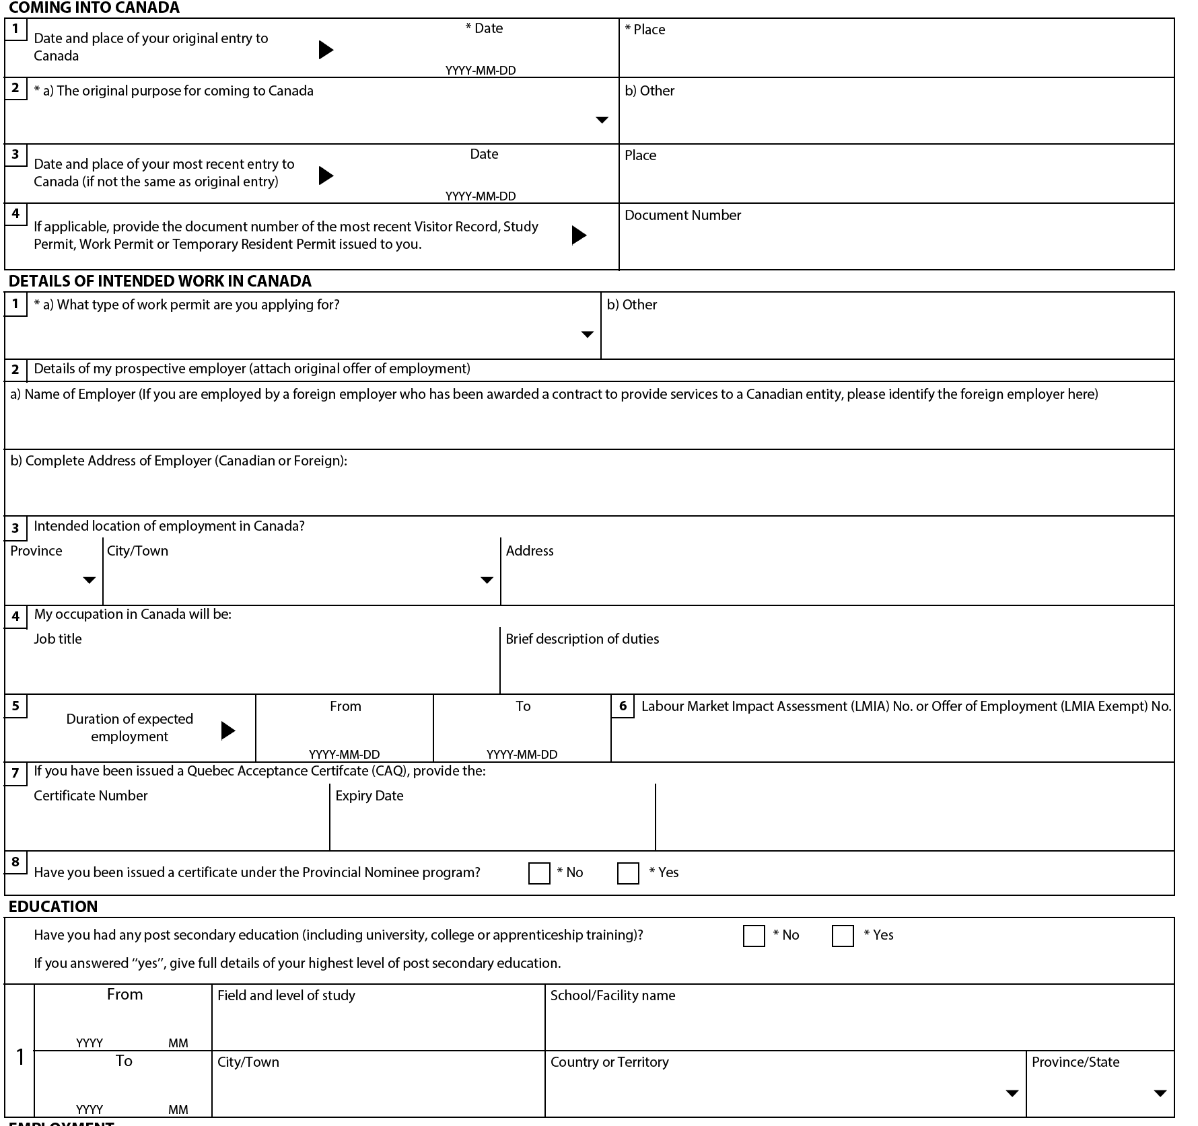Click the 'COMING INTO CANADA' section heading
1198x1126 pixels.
tap(94, 8)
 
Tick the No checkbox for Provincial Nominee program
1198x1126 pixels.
tap(539, 873)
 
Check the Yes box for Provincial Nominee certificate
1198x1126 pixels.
tap(628, 873)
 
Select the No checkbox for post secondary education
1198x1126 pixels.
tap(754, 936)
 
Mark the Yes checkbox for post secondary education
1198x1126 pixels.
tap(843, 936)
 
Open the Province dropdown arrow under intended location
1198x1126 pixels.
tap(89, 580)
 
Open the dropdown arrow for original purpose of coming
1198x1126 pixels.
tap(602, 120)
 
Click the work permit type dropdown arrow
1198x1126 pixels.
tap(588, 334)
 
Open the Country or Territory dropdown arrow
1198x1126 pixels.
tap(1012, 1093)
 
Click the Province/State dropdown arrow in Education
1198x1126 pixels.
tap(1160, 1093)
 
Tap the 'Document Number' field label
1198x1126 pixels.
tap(682, 215)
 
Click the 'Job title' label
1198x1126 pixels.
tap(58, 639)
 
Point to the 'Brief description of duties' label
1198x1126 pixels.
tap(582, 639)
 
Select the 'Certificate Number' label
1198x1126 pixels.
tap(90, 796)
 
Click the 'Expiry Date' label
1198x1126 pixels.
tap(369, 796)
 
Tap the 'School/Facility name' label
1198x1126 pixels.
tap(612, 996)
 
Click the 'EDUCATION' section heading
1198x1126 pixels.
tap(53, 907)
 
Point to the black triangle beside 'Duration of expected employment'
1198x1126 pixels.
tap(228, 730)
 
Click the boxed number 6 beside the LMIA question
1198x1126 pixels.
tap(623, 706)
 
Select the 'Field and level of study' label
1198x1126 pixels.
tap(286, 996)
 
